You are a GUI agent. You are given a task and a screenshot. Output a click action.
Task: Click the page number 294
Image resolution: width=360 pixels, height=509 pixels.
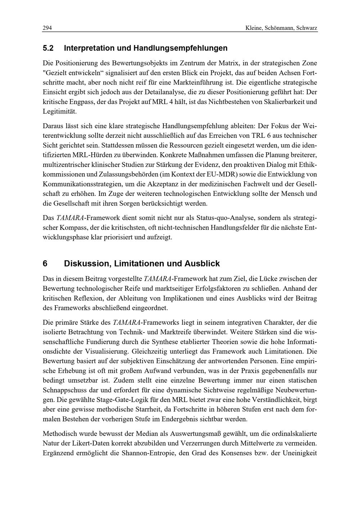(x=47, y=28)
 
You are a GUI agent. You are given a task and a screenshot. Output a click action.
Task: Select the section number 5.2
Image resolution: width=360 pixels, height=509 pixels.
(x=48, y=48)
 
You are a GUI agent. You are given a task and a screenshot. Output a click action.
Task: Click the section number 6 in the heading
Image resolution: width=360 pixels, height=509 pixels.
(x=45, y=263)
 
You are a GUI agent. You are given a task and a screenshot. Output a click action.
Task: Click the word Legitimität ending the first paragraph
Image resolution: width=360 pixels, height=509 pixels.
(x=60, y=112)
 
